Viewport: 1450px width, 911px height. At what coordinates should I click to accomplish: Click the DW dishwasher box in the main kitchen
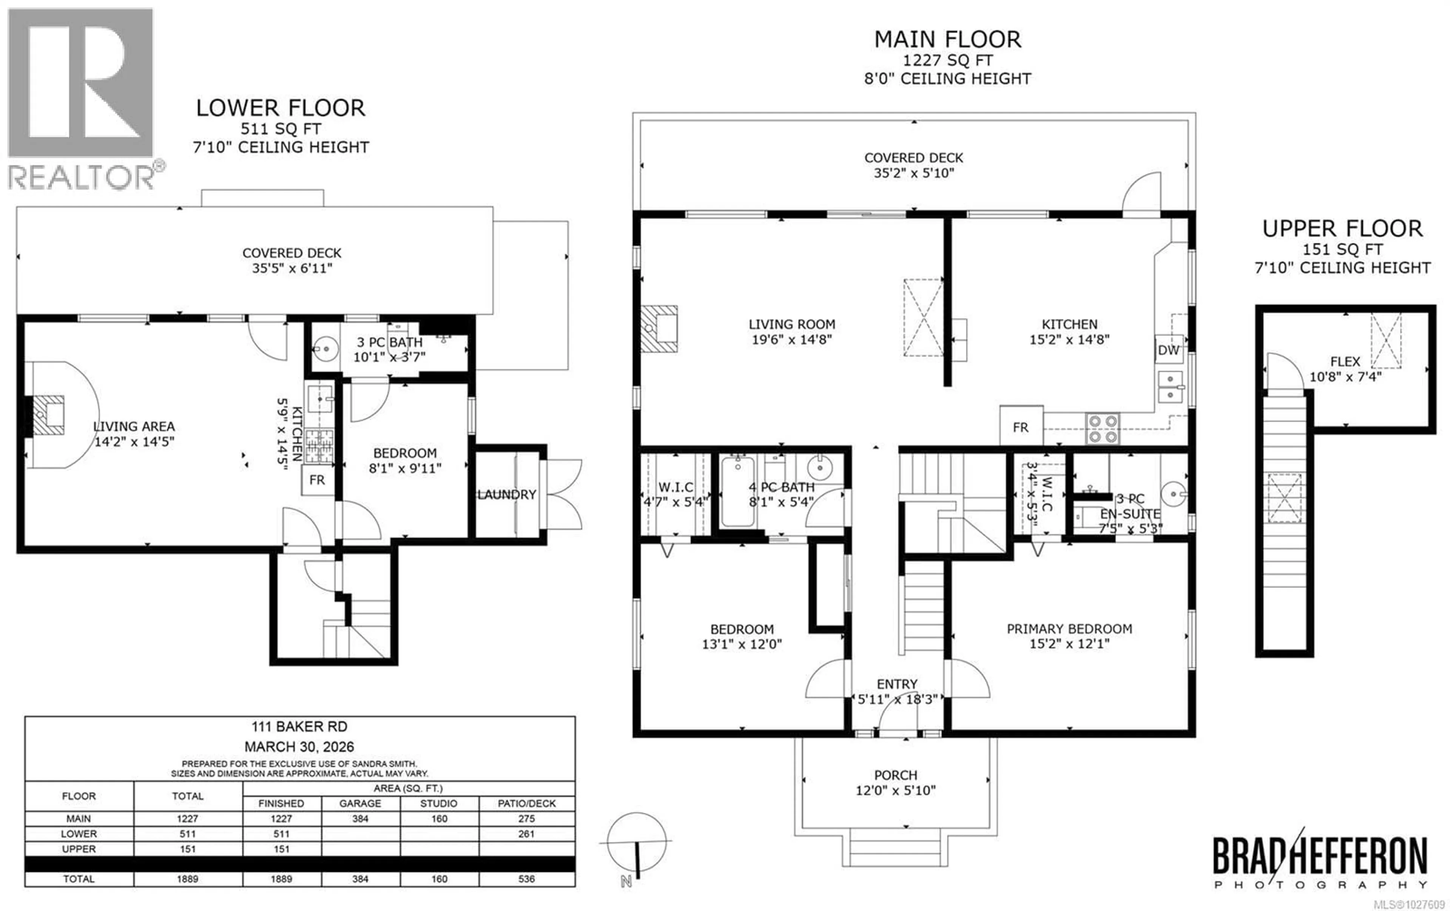[1168, 350]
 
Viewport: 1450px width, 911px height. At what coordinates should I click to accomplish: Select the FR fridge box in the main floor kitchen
[1021, 426]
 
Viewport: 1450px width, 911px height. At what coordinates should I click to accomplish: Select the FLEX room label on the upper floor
[1345, 361]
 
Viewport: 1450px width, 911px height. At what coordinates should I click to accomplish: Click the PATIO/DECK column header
[526, 803]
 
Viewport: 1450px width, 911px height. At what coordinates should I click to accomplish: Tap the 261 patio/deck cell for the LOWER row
[526, 834]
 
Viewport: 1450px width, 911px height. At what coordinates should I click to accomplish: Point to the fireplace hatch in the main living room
[659, 329]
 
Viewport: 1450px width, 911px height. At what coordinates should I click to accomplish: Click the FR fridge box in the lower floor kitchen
[317, 480]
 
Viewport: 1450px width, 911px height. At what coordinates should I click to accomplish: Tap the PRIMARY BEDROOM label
[1069, 628]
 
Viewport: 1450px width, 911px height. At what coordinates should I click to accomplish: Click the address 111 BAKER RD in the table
[299, 726]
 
